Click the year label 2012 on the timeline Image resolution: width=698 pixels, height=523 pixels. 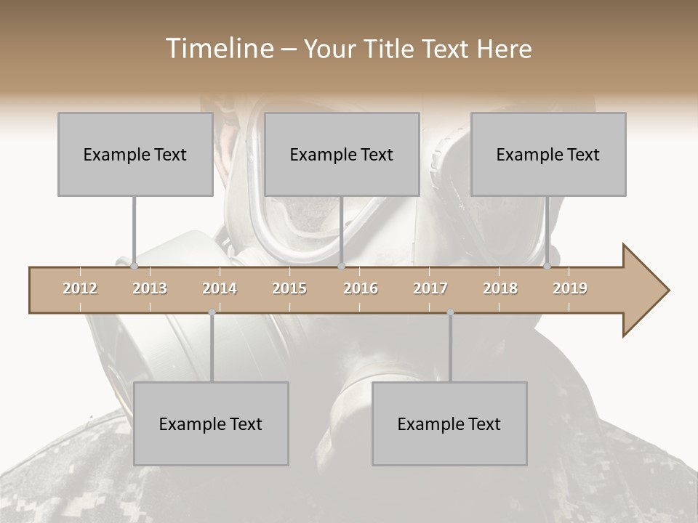pyautogui.click(x=80, y=288)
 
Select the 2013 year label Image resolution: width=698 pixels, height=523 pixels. pyautogui.click(x=150, y=288)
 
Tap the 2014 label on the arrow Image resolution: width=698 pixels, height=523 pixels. pyautogui.click(x=220, y=288)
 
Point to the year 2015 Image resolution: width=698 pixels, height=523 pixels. pyautogui.click(x=289, y=288)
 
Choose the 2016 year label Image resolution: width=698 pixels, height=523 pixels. pyautogui.click(x=361, y=288)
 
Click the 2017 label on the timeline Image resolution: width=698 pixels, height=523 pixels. pyautogui.click(x=430, y=288)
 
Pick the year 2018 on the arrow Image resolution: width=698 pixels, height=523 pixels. pyautogui.click(x=500, y=288)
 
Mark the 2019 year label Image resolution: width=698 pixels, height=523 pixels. pyautogui.click(x=570, y=288)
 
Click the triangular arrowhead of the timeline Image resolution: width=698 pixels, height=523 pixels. pyautogui.click(x=644, y=290)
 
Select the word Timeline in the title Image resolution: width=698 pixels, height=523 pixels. pyautogui.click(x=218, y=49)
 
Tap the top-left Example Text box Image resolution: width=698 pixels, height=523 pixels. pyautogui.click(x=135, y=154)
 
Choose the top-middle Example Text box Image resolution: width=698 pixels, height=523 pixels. pyautogui.click(x=342, y=154)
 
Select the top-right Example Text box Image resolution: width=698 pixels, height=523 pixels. pyautogui.click(x=548, y=154)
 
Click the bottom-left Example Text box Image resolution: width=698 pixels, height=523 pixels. pyautogui.click(x=211, y=423)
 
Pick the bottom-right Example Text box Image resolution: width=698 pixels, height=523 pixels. pyautogui.click(x=449, y=423)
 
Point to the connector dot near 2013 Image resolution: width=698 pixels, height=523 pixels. pyautogui.click(x=134, y=267)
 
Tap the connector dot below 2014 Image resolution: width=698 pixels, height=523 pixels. pyautogui.click(x=212, y=312)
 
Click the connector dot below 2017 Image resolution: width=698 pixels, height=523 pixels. pyautogui.click(x=450, y=312)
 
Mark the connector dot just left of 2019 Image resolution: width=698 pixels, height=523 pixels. pyautogui.click(x=547, y=267)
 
